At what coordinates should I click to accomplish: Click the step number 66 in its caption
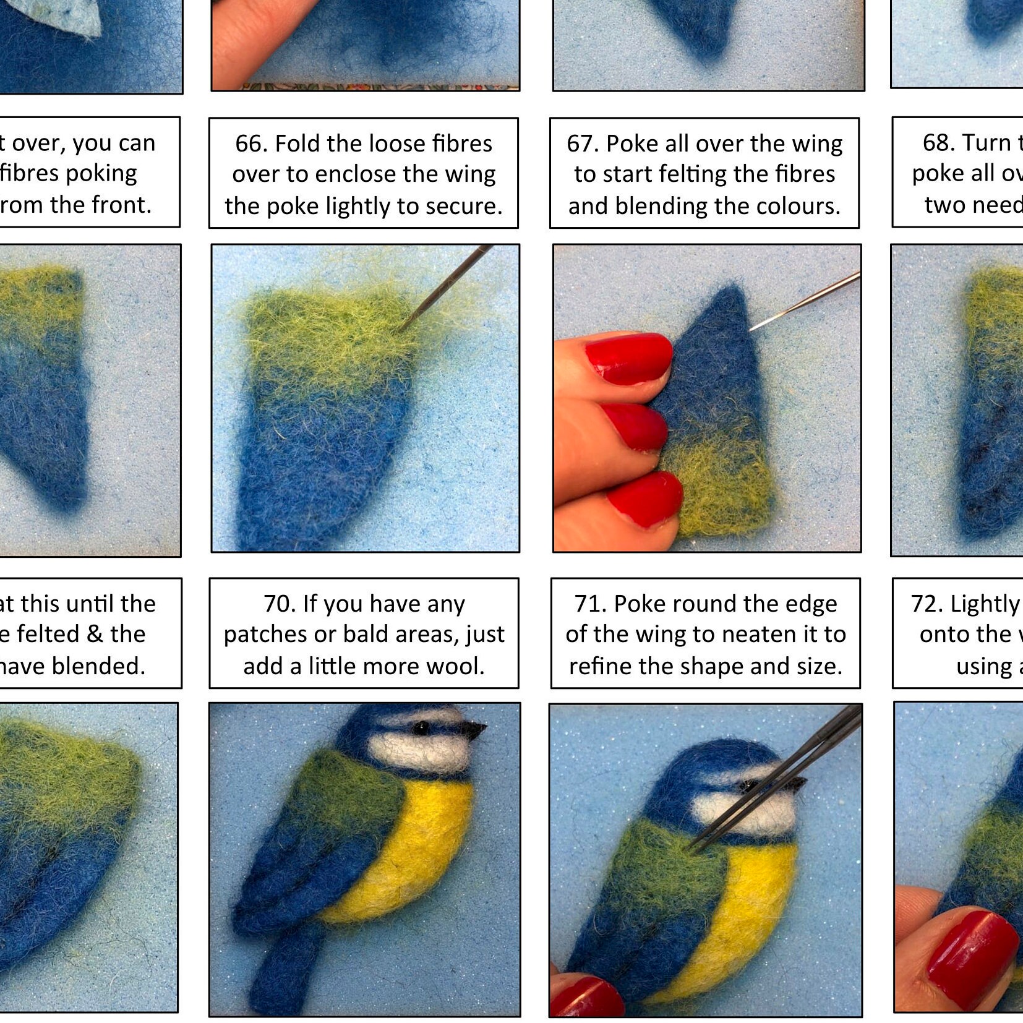pos(251,143)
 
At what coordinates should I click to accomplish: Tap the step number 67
pos(583,143)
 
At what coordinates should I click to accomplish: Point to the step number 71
pos(590,604)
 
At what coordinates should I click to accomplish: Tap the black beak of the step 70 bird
pos(476,730)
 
